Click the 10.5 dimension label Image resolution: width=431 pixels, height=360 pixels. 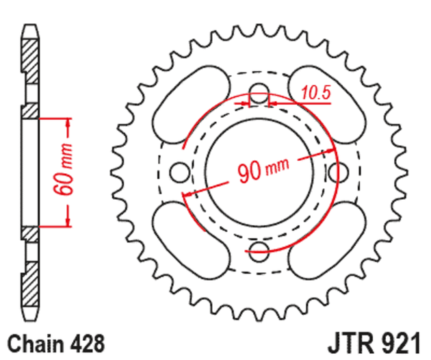click(316, 92)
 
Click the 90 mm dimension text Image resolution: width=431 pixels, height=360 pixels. click(263, 170)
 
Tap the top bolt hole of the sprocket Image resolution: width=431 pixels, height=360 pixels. click(259, 93)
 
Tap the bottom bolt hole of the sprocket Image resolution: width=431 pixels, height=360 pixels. click(259, 252)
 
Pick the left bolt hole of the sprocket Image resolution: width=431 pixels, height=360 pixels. click(179, 172)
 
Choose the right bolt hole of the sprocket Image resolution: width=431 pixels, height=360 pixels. click(339, 172)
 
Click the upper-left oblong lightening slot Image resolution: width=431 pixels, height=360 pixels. click(190, 105)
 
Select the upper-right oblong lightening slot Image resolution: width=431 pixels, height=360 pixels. click(327, 105)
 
